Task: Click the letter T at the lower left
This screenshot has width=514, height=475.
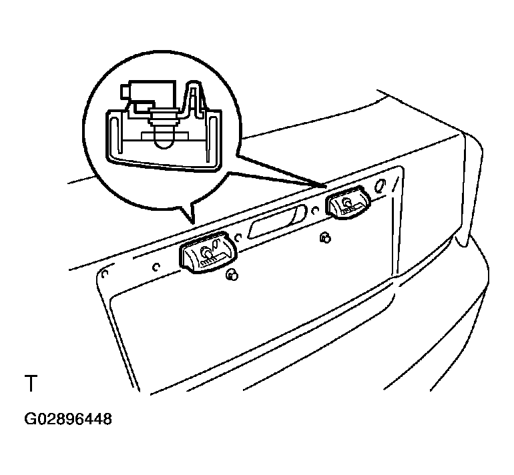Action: (31, 383)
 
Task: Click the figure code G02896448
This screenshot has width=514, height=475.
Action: (68, 419)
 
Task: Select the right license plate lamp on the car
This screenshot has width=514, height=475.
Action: (348, 202)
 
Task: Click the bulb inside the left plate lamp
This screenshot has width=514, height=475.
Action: (206, 252)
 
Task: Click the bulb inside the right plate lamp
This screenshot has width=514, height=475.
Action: (346, 203)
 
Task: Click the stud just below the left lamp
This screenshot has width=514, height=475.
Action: (232, 274)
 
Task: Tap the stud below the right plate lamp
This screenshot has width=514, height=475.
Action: (325, 238)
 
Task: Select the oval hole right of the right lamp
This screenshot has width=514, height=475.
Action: (380, 186)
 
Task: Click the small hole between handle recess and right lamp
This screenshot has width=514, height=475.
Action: (315, 210)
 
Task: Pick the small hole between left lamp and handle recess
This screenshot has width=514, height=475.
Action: (239, 237)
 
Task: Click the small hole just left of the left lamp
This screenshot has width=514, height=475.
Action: (156, 267)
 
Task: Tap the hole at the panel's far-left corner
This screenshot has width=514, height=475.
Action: (105, 274)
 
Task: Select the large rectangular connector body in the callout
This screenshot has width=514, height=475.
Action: (152, 93)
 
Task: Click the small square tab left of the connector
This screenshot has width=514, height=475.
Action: (125, 91)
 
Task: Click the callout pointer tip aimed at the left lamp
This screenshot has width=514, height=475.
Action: (193, 223)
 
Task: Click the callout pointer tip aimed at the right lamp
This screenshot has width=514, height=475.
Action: (326, 186)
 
